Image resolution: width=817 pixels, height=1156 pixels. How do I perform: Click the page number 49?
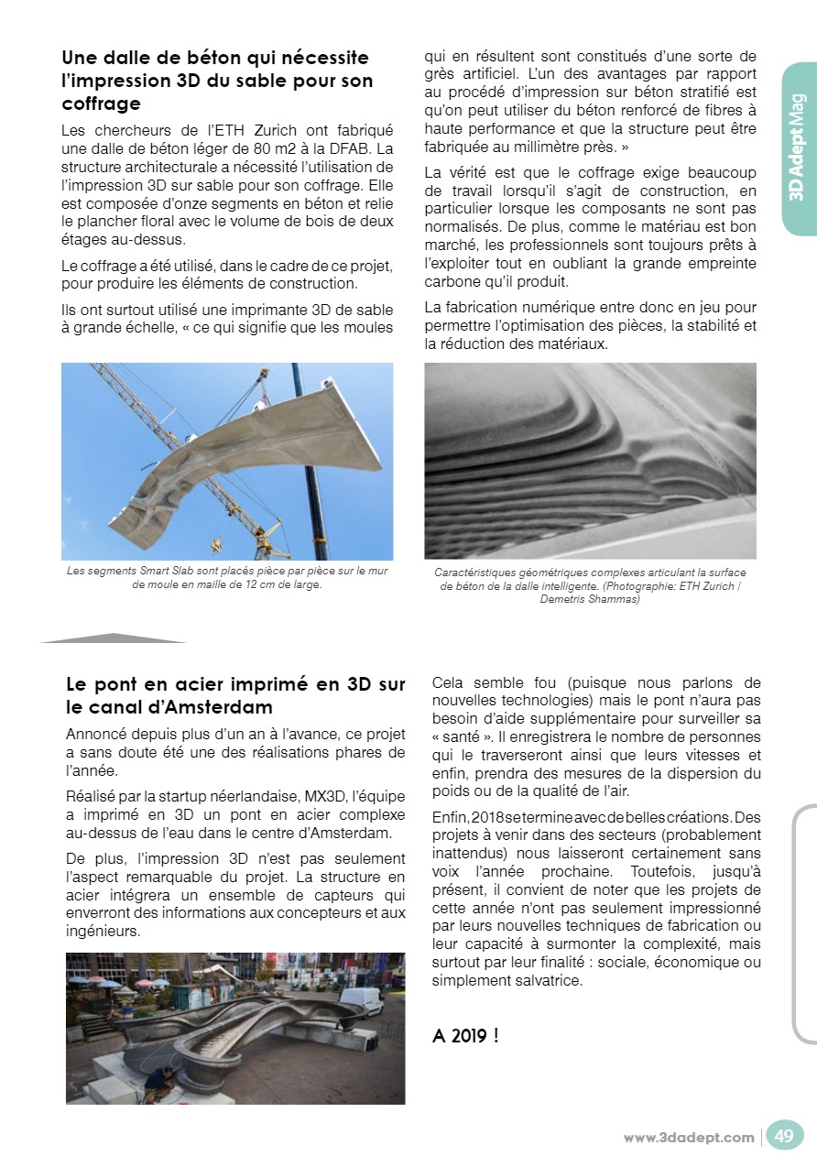point(784,1136)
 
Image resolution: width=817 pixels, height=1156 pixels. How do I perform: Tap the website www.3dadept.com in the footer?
point(689,1138)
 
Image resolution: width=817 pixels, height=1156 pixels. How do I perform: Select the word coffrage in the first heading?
point(101,103)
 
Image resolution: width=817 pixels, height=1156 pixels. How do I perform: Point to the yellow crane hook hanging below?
point(217,547)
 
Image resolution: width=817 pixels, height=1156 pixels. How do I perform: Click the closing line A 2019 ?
point(466,1036)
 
